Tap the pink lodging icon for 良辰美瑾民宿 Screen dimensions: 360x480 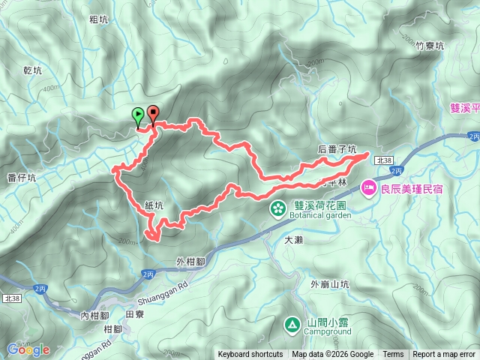click(x=368, y=187)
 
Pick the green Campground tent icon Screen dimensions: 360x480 click(x=290, y=325)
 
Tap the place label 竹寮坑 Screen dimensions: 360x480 click(x=430, y=46)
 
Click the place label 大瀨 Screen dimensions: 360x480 click(x=293, y=240)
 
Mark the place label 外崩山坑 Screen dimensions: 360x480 click(x=330, y=284)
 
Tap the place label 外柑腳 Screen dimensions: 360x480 click(x=191, y=261)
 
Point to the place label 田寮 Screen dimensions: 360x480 click(x=134, y=316)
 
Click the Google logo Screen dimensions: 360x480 click(x=28, y=349)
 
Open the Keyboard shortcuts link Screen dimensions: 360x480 click(x=250, y=355)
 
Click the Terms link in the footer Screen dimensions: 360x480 click(x=393, y=355)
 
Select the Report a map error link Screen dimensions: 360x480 click(x=444, y=355)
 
